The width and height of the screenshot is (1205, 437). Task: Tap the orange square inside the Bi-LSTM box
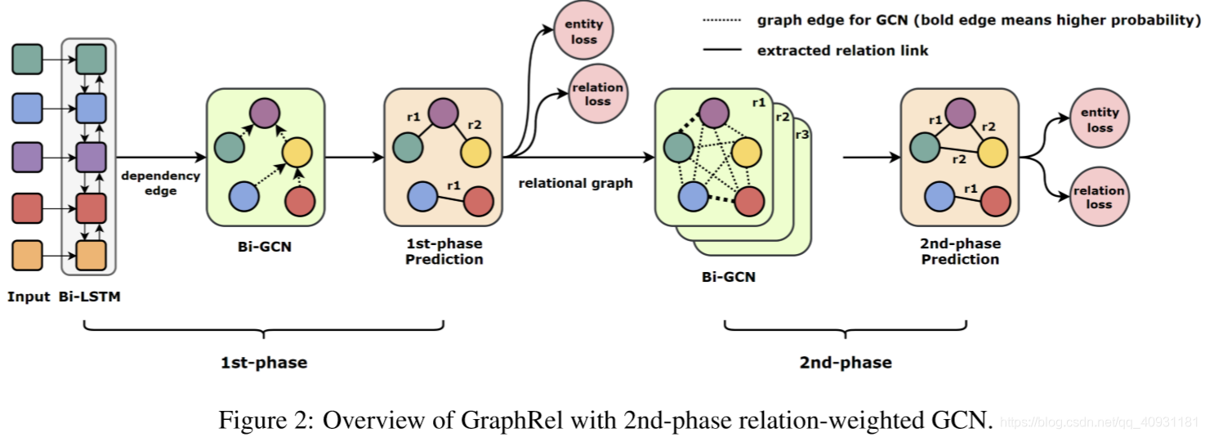click(91, 256)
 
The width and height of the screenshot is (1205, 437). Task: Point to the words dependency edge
click(161, 183)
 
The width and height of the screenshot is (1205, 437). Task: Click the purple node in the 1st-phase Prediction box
click(443, 113)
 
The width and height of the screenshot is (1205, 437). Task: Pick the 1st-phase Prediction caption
click(444, 252)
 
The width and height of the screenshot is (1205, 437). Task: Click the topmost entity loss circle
click(583, 32)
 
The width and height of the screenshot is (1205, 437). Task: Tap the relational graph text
click(575, 183)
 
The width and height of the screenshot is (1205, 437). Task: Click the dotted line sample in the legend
click(721, 21)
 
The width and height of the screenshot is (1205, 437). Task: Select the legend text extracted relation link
click(842, 51)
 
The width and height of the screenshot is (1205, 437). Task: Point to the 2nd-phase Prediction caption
click(960, 252)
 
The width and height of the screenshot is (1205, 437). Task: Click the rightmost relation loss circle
click(1099, 197)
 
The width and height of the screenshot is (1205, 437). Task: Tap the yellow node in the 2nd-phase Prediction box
click(992, 151)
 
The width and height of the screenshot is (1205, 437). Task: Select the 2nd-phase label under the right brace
click(845, 362)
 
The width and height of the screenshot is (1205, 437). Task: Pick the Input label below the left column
click(29, 297)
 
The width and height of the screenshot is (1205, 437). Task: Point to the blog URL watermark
click(1100, 423)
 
